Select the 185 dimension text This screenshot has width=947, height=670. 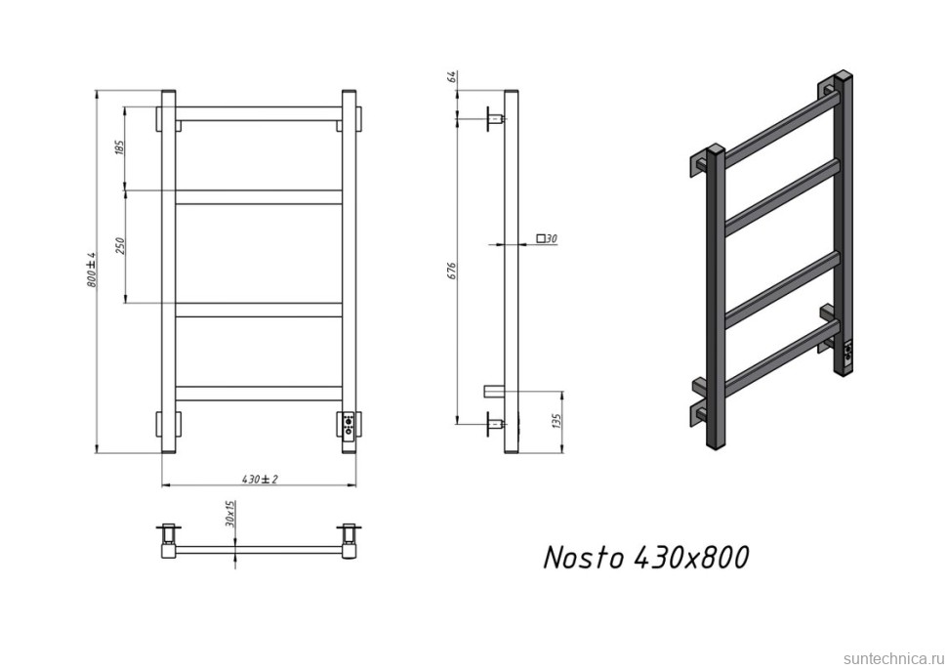click(120, 148)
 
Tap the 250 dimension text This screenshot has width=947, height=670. click(120, 245)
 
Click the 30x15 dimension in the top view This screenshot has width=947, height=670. click(231, 515)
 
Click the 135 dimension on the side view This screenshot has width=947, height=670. click(556, 422)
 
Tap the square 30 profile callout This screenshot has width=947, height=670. click(547, 239)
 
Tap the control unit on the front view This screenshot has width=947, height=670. click(349, 427)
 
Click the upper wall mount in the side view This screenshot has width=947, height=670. click(495, 120)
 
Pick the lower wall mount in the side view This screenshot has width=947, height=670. click(495, 424)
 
